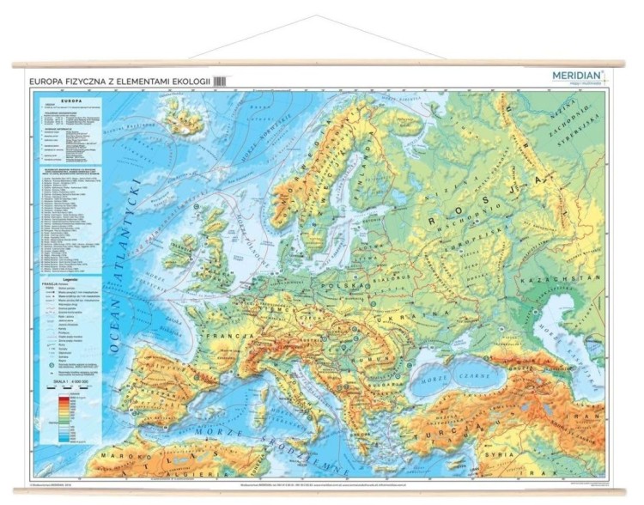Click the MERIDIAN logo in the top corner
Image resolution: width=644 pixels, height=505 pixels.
pyautogui.click(x=578, y=76)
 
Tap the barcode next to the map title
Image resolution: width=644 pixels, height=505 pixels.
pyautogui.click(x=220, y=81)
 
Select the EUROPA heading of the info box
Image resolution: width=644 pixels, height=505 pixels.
pyautogui.click(x=68, y=98)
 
